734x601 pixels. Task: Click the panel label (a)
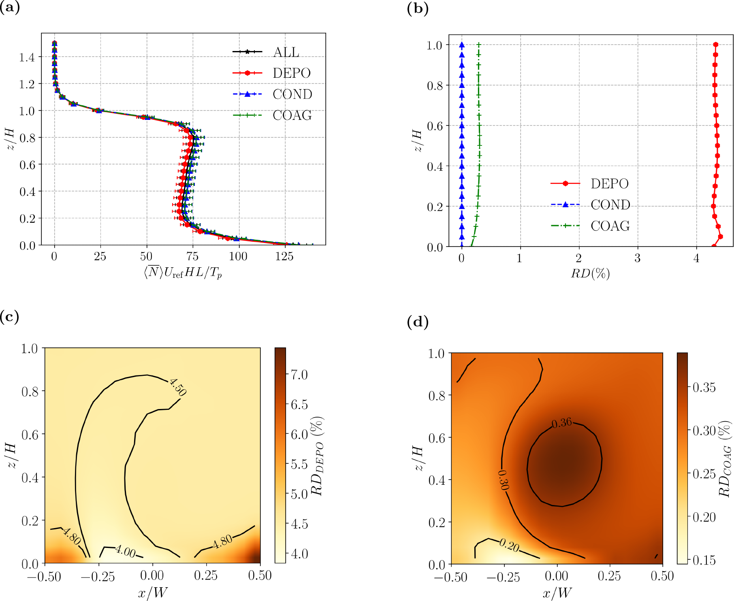pyautogui.click(x=10, y=8)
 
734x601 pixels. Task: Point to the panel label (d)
pyautogui.click(x=418, y=322)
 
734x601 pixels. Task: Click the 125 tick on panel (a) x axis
pyautogui.click(x=284, y=257)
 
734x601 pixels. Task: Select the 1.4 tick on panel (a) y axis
pyautogui.click(x=27, y=57)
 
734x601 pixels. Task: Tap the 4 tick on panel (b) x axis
pyautogui.click(x=696, y=258)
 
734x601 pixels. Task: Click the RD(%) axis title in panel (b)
pyautogui.click(x=590, y=274)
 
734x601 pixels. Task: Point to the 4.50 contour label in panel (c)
pyautogui.click(x=178, y=387)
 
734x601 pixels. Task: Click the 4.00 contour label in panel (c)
pyautogui.click(x=125, y=551)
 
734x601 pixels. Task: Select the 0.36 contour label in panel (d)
pyautogui.click(x=562, y=423)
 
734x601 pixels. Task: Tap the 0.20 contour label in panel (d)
pyautogui.click(x=509, y=546)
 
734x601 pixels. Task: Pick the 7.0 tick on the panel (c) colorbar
pyautogui.click(x=299, y=375)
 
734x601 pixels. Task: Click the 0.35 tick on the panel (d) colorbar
pyautogui.click(x=704, y=388)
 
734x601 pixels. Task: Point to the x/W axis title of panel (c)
pyautogui.click(x=152, y=592)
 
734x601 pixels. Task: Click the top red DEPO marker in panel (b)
pyautogui.click(x=716, y=45)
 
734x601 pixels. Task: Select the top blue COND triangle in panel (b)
pyautogui.click(x=462, y=45)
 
